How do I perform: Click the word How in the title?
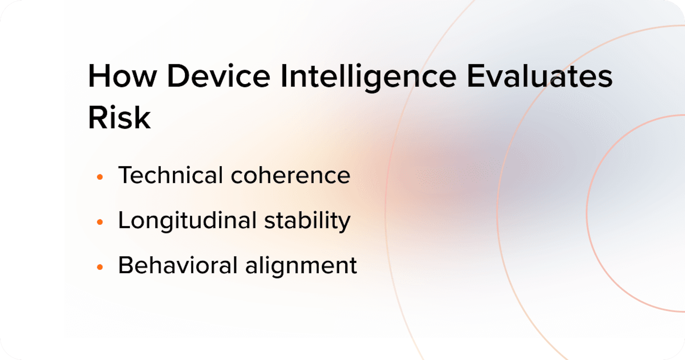click(x=122, y=76)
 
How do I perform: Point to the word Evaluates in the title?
click(x=540, y=76)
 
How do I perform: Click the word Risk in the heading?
click(x=119, y=118)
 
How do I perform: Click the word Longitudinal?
click(x=187, y=221)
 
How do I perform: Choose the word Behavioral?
click(x=178, y=265)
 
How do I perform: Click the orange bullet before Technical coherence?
click(x=100, y=177)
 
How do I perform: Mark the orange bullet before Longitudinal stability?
click(x=100, y=222)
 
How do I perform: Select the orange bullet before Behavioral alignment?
click(x=100, y=267)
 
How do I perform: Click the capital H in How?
click(x=99, y=76)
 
